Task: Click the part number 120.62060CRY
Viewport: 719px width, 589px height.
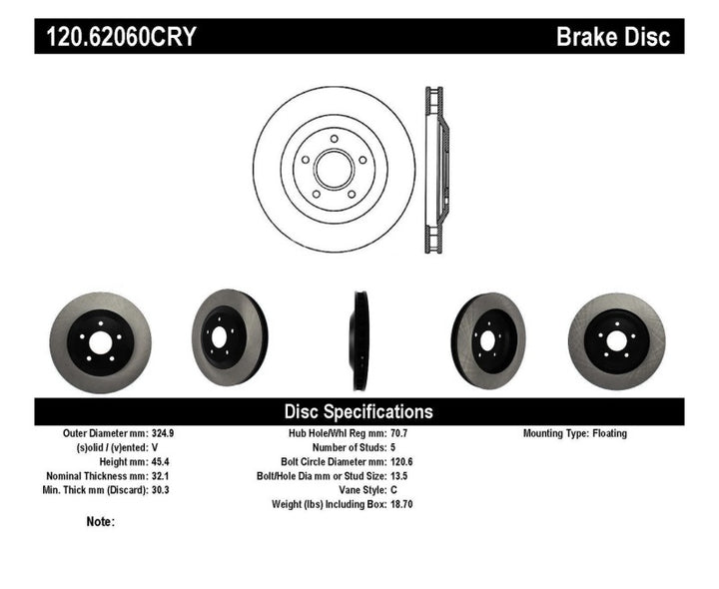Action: click(x=117, y=38)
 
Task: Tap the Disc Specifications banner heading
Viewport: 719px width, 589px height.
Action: click(x=359, y=411)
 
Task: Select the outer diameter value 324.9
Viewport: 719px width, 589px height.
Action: click(x=164, y=434)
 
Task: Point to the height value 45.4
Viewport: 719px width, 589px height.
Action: click(x=160, y=462)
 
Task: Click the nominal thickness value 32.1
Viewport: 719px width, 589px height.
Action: click(x=160, y=476)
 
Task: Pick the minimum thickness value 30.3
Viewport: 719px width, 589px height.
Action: click(x=160, y=490)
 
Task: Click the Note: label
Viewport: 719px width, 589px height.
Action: click(x=100, y=521)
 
